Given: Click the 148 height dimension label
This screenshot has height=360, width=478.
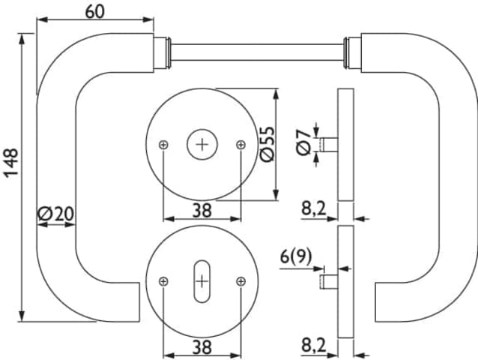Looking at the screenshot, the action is pos(11,163).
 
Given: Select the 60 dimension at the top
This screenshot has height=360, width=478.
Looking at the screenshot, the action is pos(95,12).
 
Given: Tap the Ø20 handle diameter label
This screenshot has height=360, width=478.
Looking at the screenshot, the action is pos(56,214).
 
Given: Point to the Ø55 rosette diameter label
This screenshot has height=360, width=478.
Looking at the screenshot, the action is pos(267,144).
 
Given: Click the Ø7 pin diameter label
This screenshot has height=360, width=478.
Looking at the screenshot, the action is pos(303,142).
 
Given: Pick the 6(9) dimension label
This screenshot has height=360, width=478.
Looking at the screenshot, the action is pos(296,256).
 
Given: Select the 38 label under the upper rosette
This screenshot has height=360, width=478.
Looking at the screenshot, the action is pos(202,211).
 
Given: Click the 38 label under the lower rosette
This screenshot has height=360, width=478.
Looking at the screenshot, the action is pos(202,347).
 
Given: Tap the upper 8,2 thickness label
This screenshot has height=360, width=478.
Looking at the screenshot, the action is pos(314,209).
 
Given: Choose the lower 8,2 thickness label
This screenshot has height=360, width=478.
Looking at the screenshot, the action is pos(314,346).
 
